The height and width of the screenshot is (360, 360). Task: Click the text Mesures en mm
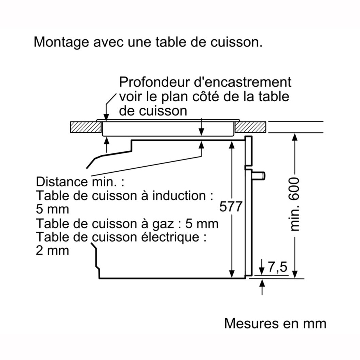(x=275, y=323)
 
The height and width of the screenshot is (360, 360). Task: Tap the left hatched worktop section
(x=86, y=127)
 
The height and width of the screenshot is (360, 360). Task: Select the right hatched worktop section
(x=251, y=127)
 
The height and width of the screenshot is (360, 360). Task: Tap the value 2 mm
(x=52, y=251)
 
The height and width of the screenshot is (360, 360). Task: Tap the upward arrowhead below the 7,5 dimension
(x=262, y=284)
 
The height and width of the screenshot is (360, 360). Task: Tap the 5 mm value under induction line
(x=52, y=209)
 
